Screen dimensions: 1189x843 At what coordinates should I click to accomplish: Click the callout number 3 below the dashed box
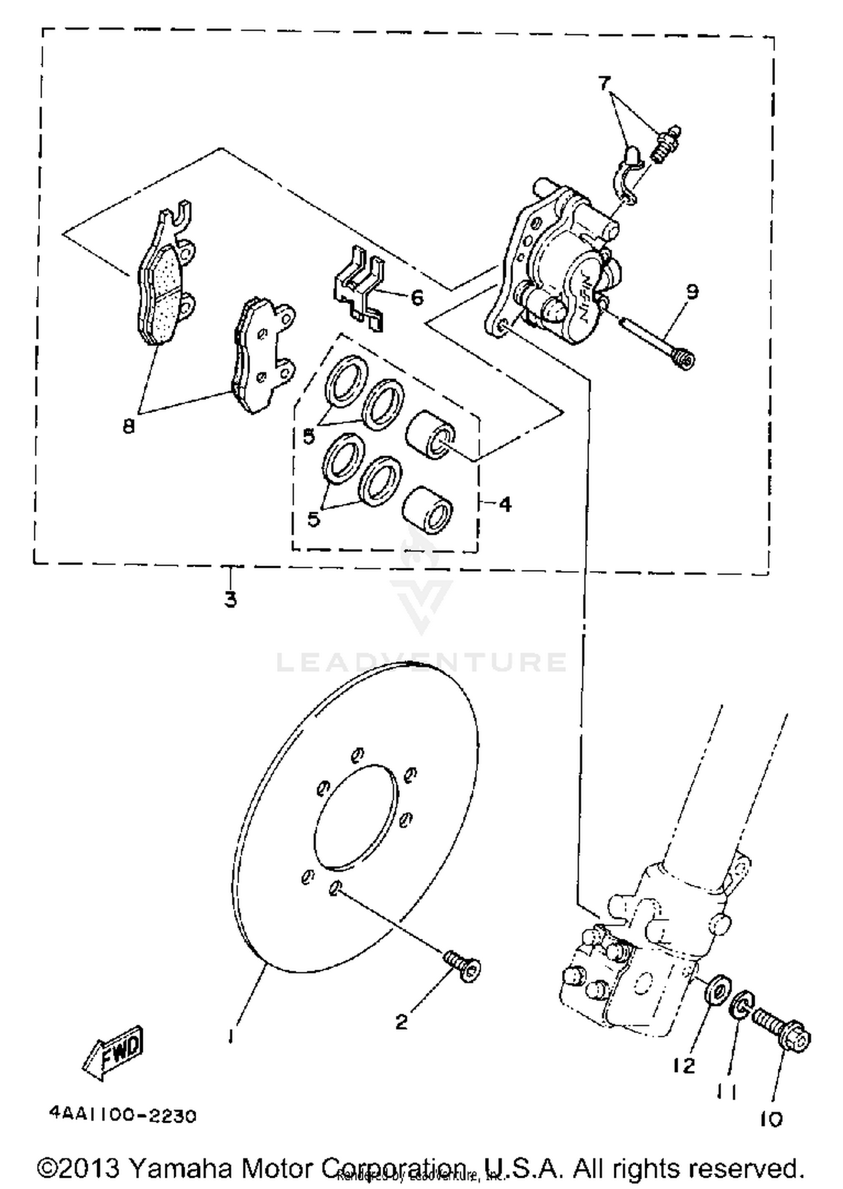pos(230,599)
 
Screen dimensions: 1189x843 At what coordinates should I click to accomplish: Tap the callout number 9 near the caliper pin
pos(692,292)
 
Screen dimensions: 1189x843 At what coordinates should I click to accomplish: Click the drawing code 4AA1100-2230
pos(123,1115)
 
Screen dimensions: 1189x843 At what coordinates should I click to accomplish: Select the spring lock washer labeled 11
pos(740,1005)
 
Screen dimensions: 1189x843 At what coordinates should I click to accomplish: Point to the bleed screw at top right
pos(667,143)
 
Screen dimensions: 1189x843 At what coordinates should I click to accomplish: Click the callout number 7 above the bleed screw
pos(604,84)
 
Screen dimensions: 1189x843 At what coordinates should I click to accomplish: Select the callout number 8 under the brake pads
pos(129,427)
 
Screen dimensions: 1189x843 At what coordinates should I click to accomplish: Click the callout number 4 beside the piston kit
pos(505,504)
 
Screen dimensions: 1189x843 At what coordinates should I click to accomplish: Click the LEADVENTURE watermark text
pos(422,662)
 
